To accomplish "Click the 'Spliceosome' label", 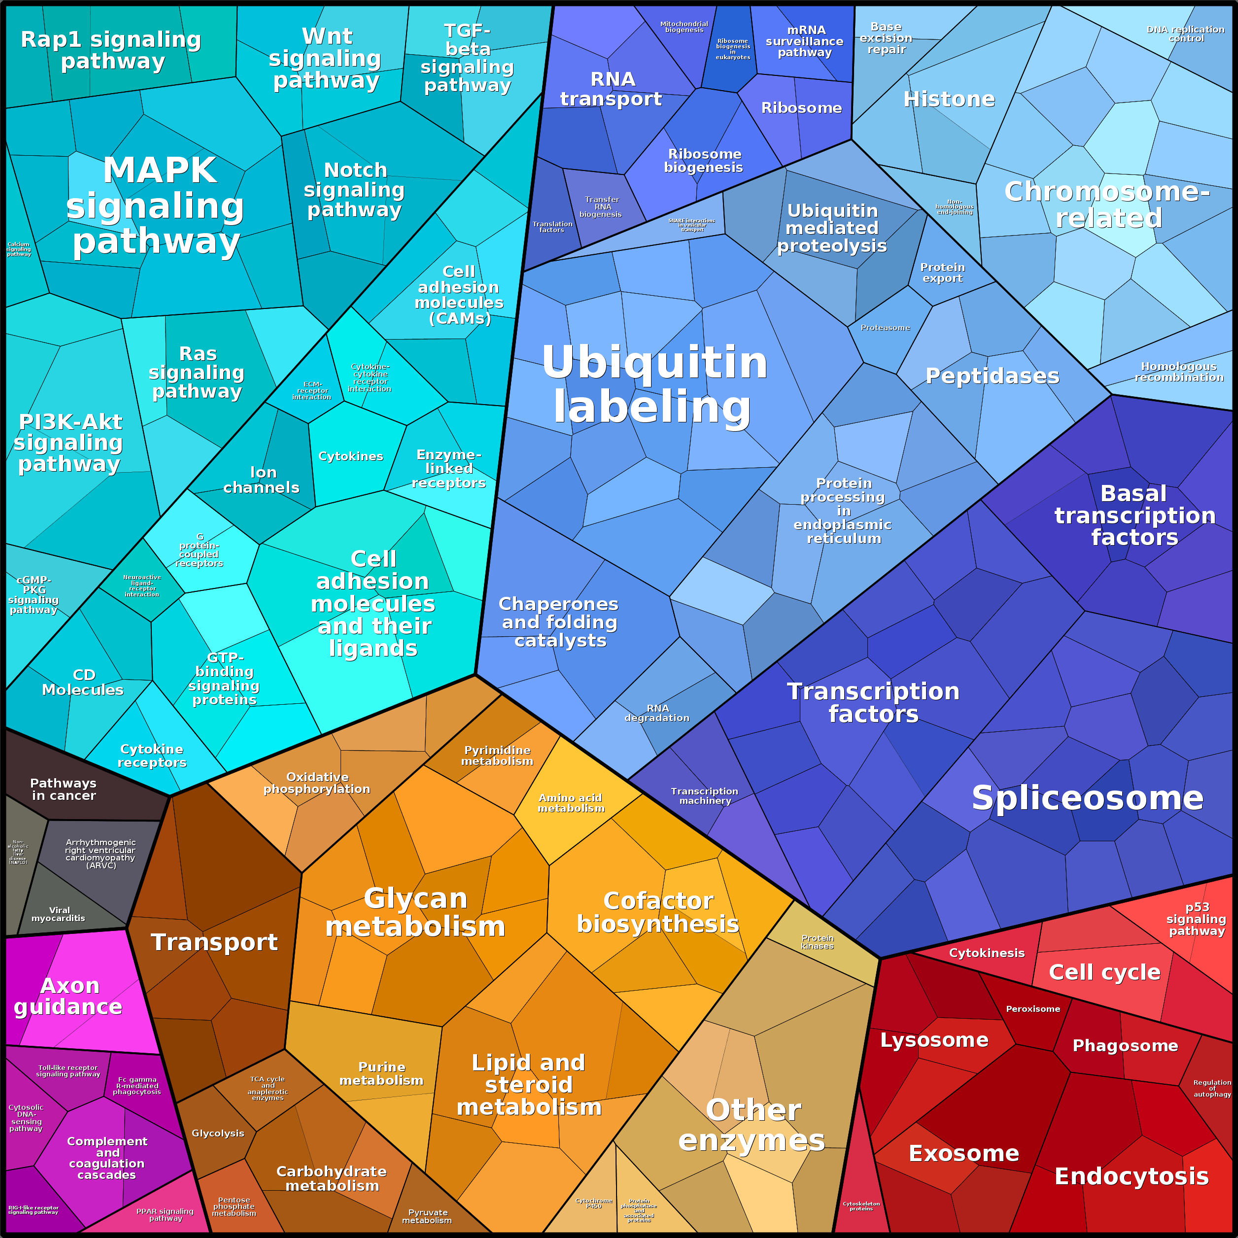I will click(x=1087, y=798).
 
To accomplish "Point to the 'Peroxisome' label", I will click(x=1032, y=1009).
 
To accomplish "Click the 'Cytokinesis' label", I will click(x=986, y=953).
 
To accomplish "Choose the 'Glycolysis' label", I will click(x=218, y=1133).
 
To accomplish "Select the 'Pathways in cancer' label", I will click(x=64, y=789).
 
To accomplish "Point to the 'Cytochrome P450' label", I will click(x=593, y=1203).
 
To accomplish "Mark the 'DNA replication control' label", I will click(x=1185, y=34).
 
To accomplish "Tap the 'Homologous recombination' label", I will click(x=1178, y=372).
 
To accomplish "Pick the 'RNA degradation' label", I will click(x=657, y=713).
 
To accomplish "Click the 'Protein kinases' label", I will click(x=817, y=941).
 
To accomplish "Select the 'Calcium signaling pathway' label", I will click(x=19, y=249).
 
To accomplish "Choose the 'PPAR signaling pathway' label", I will click(x=165, y=1214).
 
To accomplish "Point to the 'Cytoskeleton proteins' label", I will click(x=860, y=1206).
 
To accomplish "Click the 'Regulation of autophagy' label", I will click(x=1212, y=1088).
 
